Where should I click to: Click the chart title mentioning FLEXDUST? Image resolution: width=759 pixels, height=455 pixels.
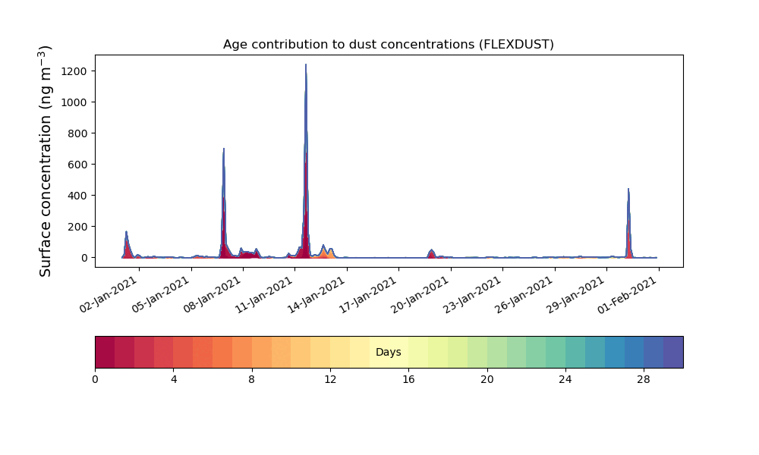[x=388, y=45]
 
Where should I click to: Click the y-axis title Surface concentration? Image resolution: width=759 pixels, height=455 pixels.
[x=45, y=162]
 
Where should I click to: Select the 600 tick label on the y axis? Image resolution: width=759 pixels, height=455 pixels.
[x=77, y=165]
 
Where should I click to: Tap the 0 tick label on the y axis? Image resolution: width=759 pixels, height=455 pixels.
[x=84, y=258]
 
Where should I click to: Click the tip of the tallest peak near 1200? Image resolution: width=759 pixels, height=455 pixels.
[x=306, y=64]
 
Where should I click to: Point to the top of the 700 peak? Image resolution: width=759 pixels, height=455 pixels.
[x=224, y=149]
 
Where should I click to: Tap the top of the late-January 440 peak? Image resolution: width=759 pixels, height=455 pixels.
[x=628, y=189]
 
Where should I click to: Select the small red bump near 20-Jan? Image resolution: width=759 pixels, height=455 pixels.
[x=432, y=253]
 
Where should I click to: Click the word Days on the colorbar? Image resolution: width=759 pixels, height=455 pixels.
[x=388, y=352]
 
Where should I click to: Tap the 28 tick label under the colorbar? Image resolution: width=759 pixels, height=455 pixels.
[x=644, y=380]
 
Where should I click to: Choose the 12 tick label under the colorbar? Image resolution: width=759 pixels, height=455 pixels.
[x=330, y=380]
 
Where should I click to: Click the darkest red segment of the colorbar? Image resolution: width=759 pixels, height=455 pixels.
[x=105, y=352]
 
